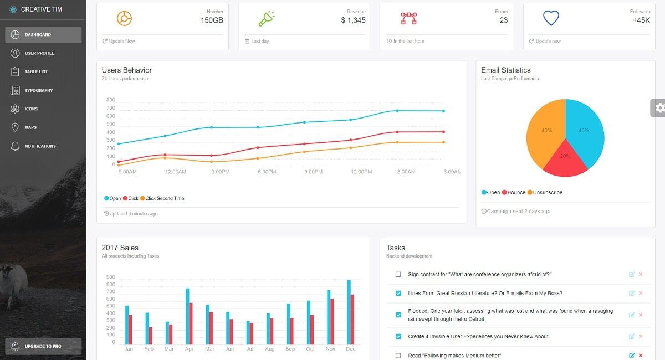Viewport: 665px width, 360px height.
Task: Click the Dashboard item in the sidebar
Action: (x=43, y=35)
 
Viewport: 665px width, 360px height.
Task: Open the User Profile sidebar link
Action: (x=39, y=53)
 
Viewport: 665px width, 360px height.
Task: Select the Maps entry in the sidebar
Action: (x=30, y=127)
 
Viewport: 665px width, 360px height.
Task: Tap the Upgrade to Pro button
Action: (x=43, y=346)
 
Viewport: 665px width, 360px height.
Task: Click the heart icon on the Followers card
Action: (x=551, y=19)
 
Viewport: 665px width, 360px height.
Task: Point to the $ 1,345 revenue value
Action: (x=353, y=20)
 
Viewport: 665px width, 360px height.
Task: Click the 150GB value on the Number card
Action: (x=212, y=20)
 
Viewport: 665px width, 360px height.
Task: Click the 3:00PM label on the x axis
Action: (x=220, y=172)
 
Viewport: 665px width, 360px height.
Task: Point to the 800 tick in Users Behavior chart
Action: (x=110, y=100)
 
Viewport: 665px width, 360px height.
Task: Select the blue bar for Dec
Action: (x=349, y=312)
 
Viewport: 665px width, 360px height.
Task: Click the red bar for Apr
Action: (x=191, y=323)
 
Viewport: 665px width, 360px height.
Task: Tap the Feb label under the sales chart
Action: (x=149, y=349)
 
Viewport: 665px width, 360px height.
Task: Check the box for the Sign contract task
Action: (x=398, y=275)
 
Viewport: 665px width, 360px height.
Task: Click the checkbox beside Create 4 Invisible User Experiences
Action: (x=398, y=336)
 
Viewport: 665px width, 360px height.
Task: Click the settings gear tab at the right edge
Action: (x=658, y=108)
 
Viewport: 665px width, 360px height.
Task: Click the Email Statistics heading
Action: (x=505, y=70)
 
